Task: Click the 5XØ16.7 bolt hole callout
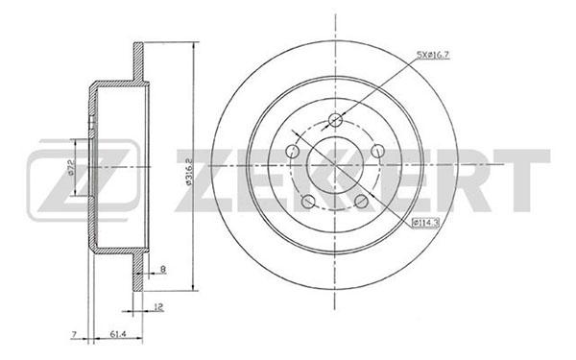click(433, 55)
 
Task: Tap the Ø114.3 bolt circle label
click(425, 223)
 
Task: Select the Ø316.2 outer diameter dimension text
click(189, 172)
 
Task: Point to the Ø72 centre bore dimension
click(71, 167)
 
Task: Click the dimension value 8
click(163, 269)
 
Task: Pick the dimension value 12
click(158, 307)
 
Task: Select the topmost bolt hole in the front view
click(335, 120)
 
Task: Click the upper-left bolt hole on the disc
click(293, 151)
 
